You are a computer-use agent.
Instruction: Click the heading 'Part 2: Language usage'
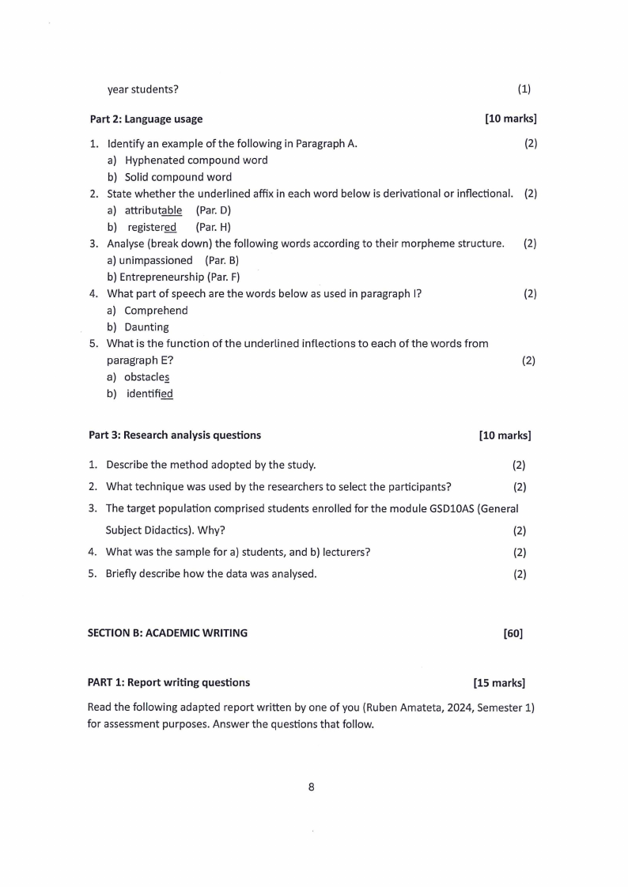tap(146, 119)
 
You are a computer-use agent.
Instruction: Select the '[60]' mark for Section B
tap(513, 632)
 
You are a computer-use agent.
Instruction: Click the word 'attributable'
tap(153, 210)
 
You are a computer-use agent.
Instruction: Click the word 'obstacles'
tap(146, 377)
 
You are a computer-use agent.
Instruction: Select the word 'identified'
tap(149, 394)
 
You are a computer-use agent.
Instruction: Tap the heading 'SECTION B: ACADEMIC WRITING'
tap(167, 632)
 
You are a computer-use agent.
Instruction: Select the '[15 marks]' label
tap(499, 682)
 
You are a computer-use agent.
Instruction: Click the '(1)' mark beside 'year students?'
tap(524, 89)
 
